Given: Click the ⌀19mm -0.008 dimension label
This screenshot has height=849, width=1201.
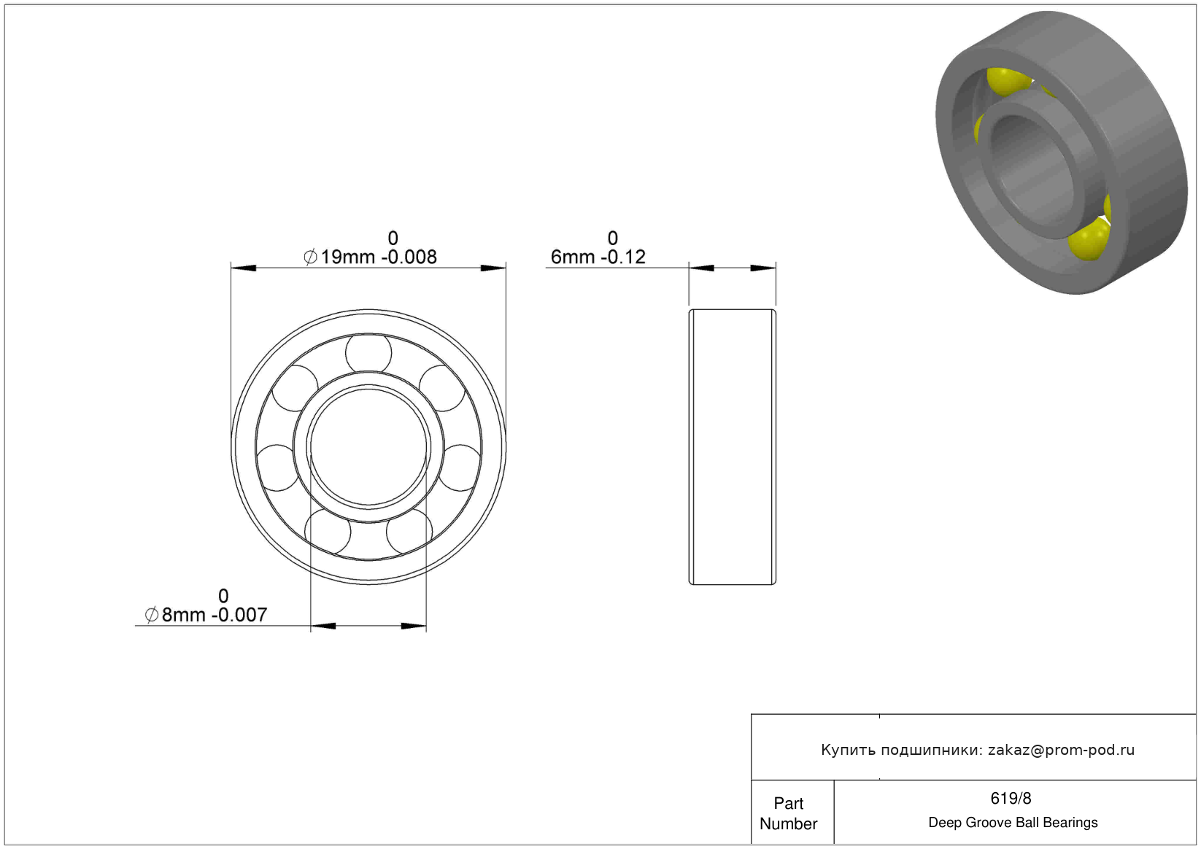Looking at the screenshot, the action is (x=370, y=257).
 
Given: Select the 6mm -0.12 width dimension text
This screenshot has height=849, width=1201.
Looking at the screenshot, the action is (x=598, y=257).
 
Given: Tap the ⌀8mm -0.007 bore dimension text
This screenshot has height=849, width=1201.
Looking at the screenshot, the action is (x=206, y=615).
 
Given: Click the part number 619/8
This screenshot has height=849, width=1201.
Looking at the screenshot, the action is (x=1011, y=799).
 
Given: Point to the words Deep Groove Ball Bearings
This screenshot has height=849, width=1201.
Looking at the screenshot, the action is (x=1013, y=823).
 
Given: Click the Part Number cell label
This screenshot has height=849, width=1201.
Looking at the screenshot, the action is (x=788, y=814).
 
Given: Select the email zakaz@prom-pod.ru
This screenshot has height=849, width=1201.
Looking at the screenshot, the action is (x=1061, y=750).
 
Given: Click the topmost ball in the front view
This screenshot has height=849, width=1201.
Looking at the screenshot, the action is (x=368, y=353).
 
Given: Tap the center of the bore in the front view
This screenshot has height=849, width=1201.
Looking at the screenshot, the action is (x=368, y=447).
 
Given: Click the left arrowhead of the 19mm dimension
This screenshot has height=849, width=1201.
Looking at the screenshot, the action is (x=243, y=268).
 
